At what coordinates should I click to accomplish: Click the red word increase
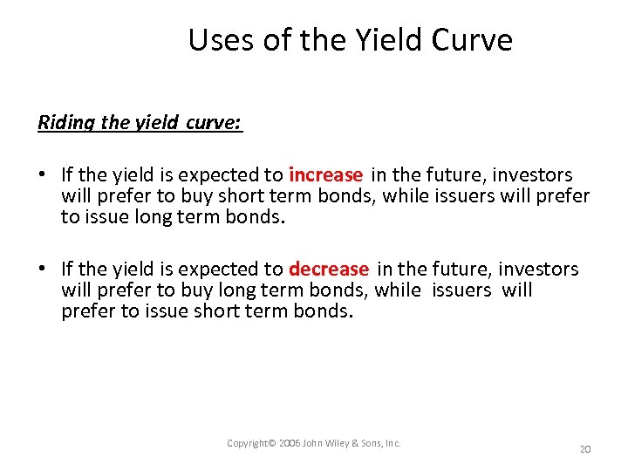325,175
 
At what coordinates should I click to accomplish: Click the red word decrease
329,270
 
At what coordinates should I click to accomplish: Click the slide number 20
585,448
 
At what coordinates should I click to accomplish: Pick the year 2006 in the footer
290,444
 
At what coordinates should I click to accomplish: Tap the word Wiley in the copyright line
340,444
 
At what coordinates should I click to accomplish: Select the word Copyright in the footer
248,444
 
